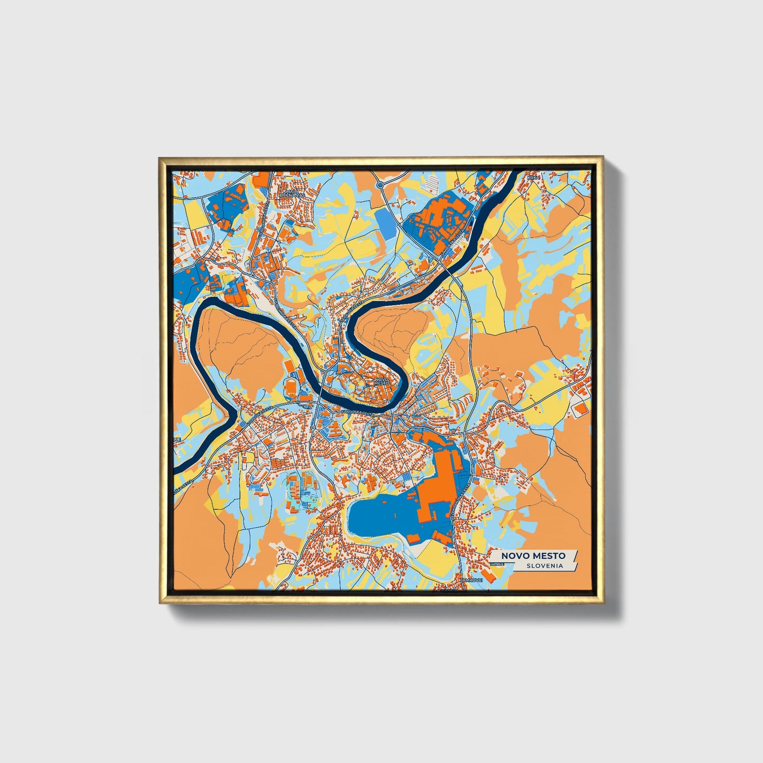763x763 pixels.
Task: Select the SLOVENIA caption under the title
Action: (x=544, y=566)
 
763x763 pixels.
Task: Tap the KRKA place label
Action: (x=534, y=178)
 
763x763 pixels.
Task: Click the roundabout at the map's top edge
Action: (x=380, y=185)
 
